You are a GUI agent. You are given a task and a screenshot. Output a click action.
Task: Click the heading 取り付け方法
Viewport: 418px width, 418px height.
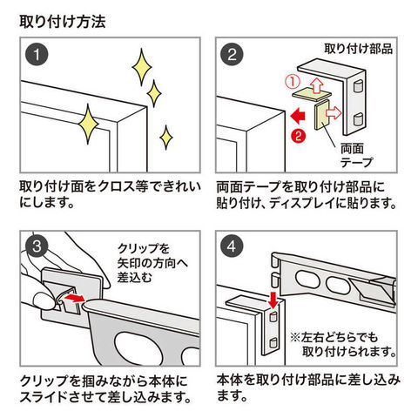[63, 22]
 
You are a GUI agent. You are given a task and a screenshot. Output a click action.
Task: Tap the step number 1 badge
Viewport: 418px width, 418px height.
[37, 54]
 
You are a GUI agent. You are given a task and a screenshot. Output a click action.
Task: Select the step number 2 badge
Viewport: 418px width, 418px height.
[232, 54]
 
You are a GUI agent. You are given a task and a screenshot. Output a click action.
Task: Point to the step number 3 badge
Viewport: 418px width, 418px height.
[37, 247]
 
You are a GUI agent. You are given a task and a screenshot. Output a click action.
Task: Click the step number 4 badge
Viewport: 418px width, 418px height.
[232, 247]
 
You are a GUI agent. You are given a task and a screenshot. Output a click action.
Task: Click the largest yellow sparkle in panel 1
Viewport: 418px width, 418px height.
[89, 124]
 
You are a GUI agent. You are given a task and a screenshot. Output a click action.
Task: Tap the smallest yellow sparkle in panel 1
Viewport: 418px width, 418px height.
[166, 138]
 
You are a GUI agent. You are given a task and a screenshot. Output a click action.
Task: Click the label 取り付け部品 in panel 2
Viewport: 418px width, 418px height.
[359, 49]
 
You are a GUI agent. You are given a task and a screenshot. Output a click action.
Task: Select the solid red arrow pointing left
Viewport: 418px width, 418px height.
[298, 117]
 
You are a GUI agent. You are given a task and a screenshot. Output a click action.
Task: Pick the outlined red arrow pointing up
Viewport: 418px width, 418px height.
[316, 85]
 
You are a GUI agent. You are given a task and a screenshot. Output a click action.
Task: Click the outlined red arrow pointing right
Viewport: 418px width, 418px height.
[334, 112]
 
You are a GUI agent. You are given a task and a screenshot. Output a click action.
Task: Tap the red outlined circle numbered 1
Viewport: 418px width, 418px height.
[292, 82]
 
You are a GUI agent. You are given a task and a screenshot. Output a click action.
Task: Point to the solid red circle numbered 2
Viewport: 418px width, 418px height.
[299, 136]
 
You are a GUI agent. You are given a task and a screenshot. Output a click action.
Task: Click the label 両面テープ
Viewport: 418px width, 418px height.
[356, 156]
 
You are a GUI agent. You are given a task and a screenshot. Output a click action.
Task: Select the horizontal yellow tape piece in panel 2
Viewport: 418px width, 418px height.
[311, 95]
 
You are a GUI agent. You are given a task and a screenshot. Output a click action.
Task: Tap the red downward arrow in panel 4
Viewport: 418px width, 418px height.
[273, 300]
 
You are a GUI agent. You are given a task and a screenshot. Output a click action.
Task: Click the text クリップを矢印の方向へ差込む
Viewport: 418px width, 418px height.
[152, 263]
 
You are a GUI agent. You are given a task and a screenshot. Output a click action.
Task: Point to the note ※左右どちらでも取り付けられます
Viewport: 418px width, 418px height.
[343, 345]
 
